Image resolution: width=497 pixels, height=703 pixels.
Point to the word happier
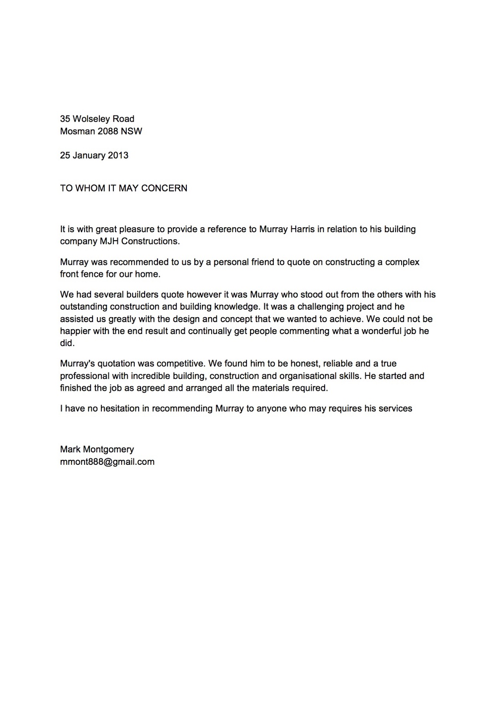75,331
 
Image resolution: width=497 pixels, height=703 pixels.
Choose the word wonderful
377,331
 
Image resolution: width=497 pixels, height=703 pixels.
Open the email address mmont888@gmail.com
107,462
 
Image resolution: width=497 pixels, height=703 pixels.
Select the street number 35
65,119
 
